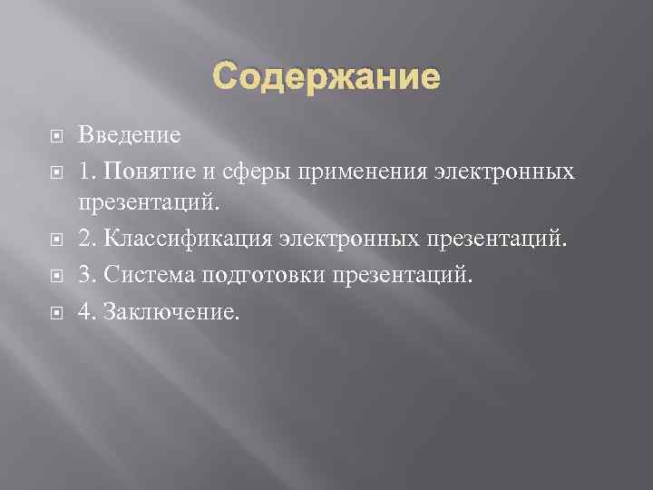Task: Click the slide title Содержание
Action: click(326, 77)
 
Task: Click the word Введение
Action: click(129, 136)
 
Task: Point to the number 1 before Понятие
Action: click(83, 171)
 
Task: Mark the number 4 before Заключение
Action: click(83, 310)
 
